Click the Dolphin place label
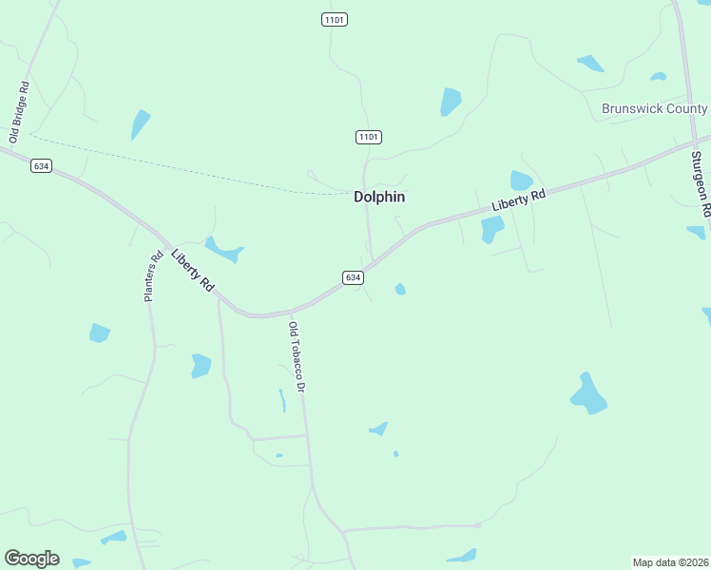[x=379, y=197]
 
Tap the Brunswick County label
[x=654, y=108]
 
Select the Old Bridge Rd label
[x=18, y=112]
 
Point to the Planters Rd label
[x=153, y=276]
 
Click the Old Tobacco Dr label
[x=297, y=358]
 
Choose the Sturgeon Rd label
[x=701, y=179]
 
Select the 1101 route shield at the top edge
[x=334, y=19]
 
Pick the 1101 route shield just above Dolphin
[x=369, y=138]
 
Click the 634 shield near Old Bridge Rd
[x=40, y=165]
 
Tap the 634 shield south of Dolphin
[x=353, y=277]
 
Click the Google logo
[x=31, y=559]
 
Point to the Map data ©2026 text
[x=670, y=561]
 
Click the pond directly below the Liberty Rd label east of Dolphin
[x=491, y=229]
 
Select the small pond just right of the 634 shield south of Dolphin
[x=400, y=289]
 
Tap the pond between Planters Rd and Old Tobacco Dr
[x=201, y=366]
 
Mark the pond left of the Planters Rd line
[x=99, y=332]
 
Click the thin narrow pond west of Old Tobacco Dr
[x=282, y=400]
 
